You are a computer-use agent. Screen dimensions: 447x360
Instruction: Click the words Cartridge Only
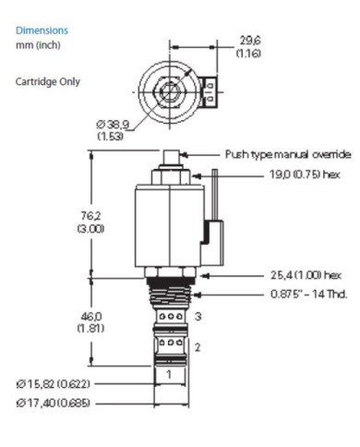[48, 82]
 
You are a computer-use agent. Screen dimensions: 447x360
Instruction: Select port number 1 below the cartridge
[169, 374]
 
